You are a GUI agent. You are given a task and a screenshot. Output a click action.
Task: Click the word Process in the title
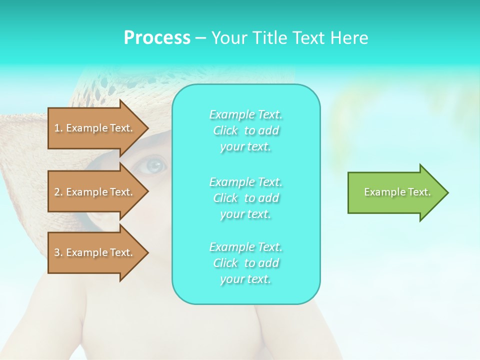tap(157, 38)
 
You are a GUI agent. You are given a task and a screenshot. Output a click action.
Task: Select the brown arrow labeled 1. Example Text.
tap(95, 128)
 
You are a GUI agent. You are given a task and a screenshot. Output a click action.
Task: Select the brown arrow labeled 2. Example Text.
tap(95, 192)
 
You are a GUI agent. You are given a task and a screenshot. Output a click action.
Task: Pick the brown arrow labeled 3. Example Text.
tap(95, 252)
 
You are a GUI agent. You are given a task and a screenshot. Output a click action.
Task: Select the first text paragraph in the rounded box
tap(245, 130)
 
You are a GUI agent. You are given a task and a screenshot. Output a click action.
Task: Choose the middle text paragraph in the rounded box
tap(245, 197)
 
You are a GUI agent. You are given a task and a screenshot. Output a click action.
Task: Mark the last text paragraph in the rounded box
tap(245, 263)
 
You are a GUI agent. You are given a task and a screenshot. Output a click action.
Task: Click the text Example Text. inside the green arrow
tap(397, 192)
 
